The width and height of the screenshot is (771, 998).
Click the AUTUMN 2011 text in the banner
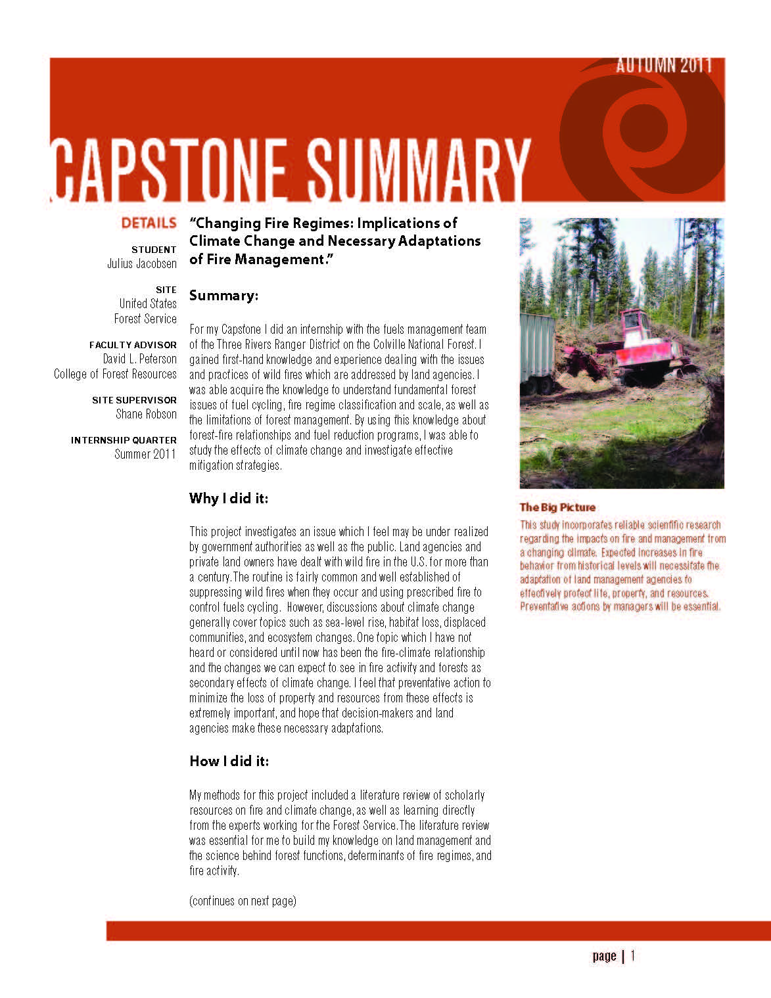tap(664, 65)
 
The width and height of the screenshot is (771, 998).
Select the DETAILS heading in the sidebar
tap(149, 223)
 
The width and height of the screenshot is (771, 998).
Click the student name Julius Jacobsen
tap(142, 263)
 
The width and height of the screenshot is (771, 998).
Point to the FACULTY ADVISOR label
tap(133, 344)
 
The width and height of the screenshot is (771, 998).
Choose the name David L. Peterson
tap(139, 359)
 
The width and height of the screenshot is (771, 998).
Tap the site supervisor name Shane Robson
tap(146, 414)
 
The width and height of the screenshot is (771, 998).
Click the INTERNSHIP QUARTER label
tap(124, 440)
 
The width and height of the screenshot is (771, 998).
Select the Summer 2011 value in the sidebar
tap(145, 454)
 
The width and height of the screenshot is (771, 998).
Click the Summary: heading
tap(223, 296)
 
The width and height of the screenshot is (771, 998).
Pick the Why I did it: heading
tap(229, 498)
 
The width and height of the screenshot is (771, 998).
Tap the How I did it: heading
tap(229, 761)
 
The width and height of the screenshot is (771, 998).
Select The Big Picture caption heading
tap(557, 507)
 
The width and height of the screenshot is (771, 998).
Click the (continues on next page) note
tap(243, 901)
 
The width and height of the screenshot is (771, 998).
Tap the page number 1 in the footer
tap(633, 955)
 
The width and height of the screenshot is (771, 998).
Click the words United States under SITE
tap(148, 304)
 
